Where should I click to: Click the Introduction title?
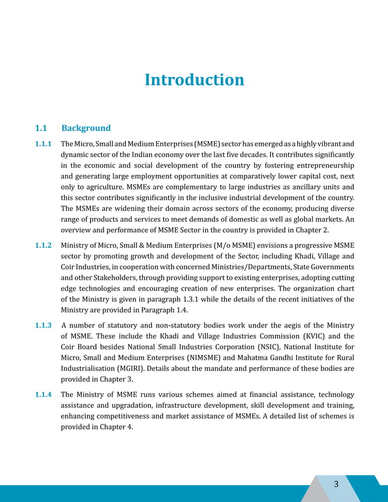194,80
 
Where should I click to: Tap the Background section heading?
86,128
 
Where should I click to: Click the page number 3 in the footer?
336,484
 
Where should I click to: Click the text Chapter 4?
116,427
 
